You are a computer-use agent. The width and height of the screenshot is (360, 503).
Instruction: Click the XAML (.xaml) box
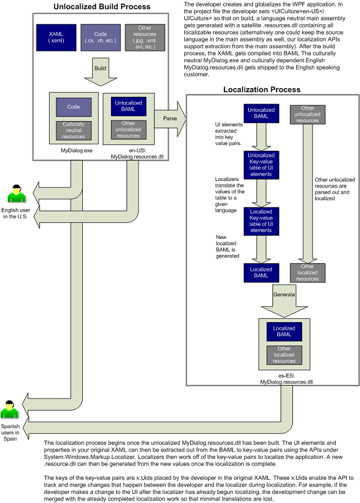(56, 37)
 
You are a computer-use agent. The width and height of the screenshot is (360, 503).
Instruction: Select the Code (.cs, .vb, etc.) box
(100, 37)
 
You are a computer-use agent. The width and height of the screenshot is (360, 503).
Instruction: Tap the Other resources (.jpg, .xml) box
(145, 37)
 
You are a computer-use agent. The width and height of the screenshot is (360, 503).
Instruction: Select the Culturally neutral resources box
(74, 130)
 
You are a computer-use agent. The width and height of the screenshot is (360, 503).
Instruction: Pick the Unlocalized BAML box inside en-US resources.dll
(128, 106)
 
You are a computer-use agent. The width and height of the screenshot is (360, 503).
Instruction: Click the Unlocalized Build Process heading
(102, 7)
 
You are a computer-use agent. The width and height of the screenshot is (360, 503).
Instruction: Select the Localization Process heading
(262, 89)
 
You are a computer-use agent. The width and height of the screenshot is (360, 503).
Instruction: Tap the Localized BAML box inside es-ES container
(284, 331)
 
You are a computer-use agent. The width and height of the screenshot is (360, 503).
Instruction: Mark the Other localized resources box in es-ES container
(284, 354)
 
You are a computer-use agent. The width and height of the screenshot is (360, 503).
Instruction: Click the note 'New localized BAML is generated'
(227, 246)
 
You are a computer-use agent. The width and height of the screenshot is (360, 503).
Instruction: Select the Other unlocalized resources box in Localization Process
(308, 114)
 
